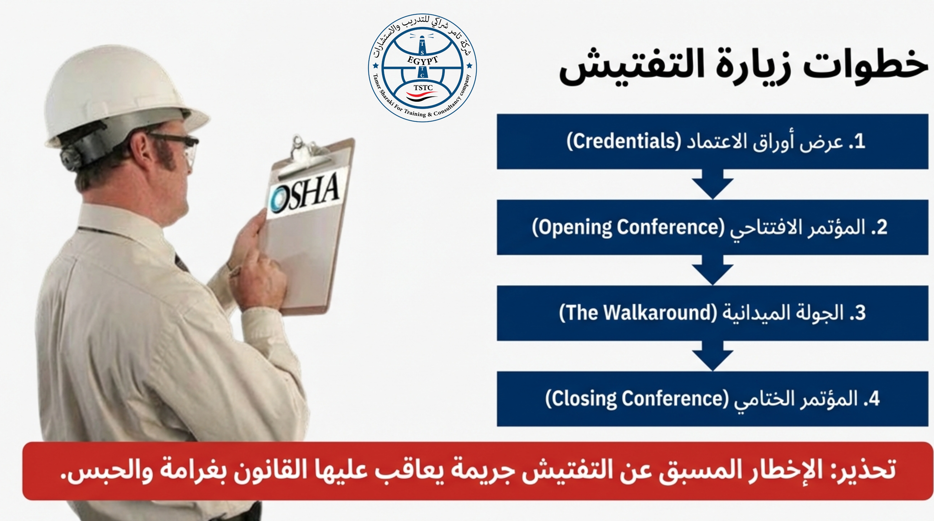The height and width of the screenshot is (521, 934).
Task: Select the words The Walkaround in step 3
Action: point(638,313)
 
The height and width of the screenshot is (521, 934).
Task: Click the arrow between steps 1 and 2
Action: point(713,184)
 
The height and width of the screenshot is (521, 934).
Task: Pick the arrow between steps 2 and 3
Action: point(713,270)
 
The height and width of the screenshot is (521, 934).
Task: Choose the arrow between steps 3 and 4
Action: point(713,356)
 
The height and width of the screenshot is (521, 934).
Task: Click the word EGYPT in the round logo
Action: point(422,60)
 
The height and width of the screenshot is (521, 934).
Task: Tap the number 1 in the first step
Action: point(860,141)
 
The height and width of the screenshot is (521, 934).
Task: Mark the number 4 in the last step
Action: point(874,399)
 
